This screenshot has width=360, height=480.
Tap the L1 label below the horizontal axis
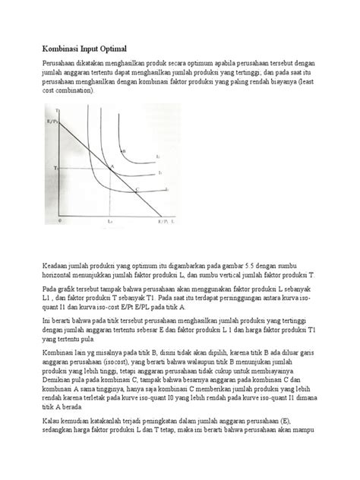pyautogui.click(x=110, y=221)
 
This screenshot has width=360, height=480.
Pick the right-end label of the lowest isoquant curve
pyautogui.click(x=166, y=189)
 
